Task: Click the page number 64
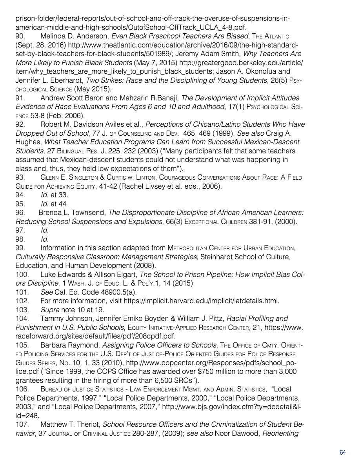click(x=343, y=452)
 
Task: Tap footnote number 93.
click(x=20, y=177)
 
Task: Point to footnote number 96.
click(x=20, y=213)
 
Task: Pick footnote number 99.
click(x=20, y=248)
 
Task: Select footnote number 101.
click(x=22, y=292)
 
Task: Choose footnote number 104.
click(x=22, y=319)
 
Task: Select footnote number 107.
click(x=22, y=424)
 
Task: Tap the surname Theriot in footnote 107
click(x=87, y=424)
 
